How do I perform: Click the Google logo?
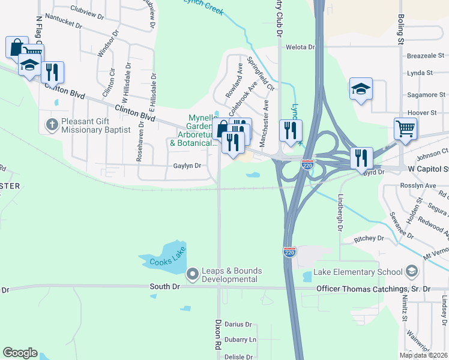pos(20,353)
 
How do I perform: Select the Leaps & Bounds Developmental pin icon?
pos(193,274)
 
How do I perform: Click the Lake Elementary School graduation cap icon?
pos(412,272)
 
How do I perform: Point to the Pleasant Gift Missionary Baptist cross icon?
pos(52,125)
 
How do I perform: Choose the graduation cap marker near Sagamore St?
pos(360,89)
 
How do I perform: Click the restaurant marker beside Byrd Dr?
pos(361,158)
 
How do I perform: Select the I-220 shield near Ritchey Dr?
pos(290,253)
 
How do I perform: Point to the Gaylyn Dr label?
pos(187,166)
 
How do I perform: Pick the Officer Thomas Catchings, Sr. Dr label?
pos(374,289)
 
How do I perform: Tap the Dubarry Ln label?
pos(240,340)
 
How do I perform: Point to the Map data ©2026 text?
pos(423,355)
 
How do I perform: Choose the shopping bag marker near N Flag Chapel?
pos(17,47)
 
